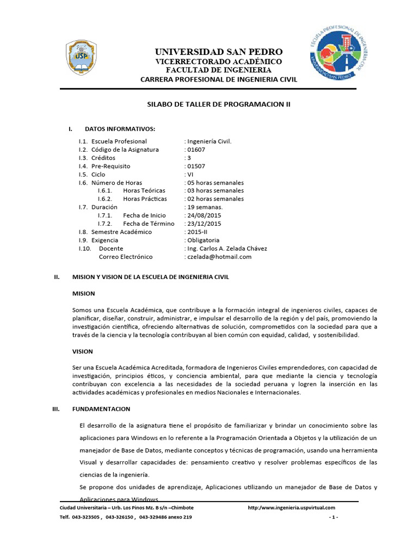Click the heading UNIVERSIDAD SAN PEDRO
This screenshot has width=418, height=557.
219,52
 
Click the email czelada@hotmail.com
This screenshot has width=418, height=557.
219,257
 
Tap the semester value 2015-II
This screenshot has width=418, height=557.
196,232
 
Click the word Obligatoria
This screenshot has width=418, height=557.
203,240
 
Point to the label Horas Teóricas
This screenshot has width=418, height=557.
144,191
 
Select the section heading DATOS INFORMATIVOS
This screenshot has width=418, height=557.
120,129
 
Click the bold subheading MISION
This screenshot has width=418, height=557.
84,294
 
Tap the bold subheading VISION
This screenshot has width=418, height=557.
83,351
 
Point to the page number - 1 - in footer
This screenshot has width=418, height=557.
334,517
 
